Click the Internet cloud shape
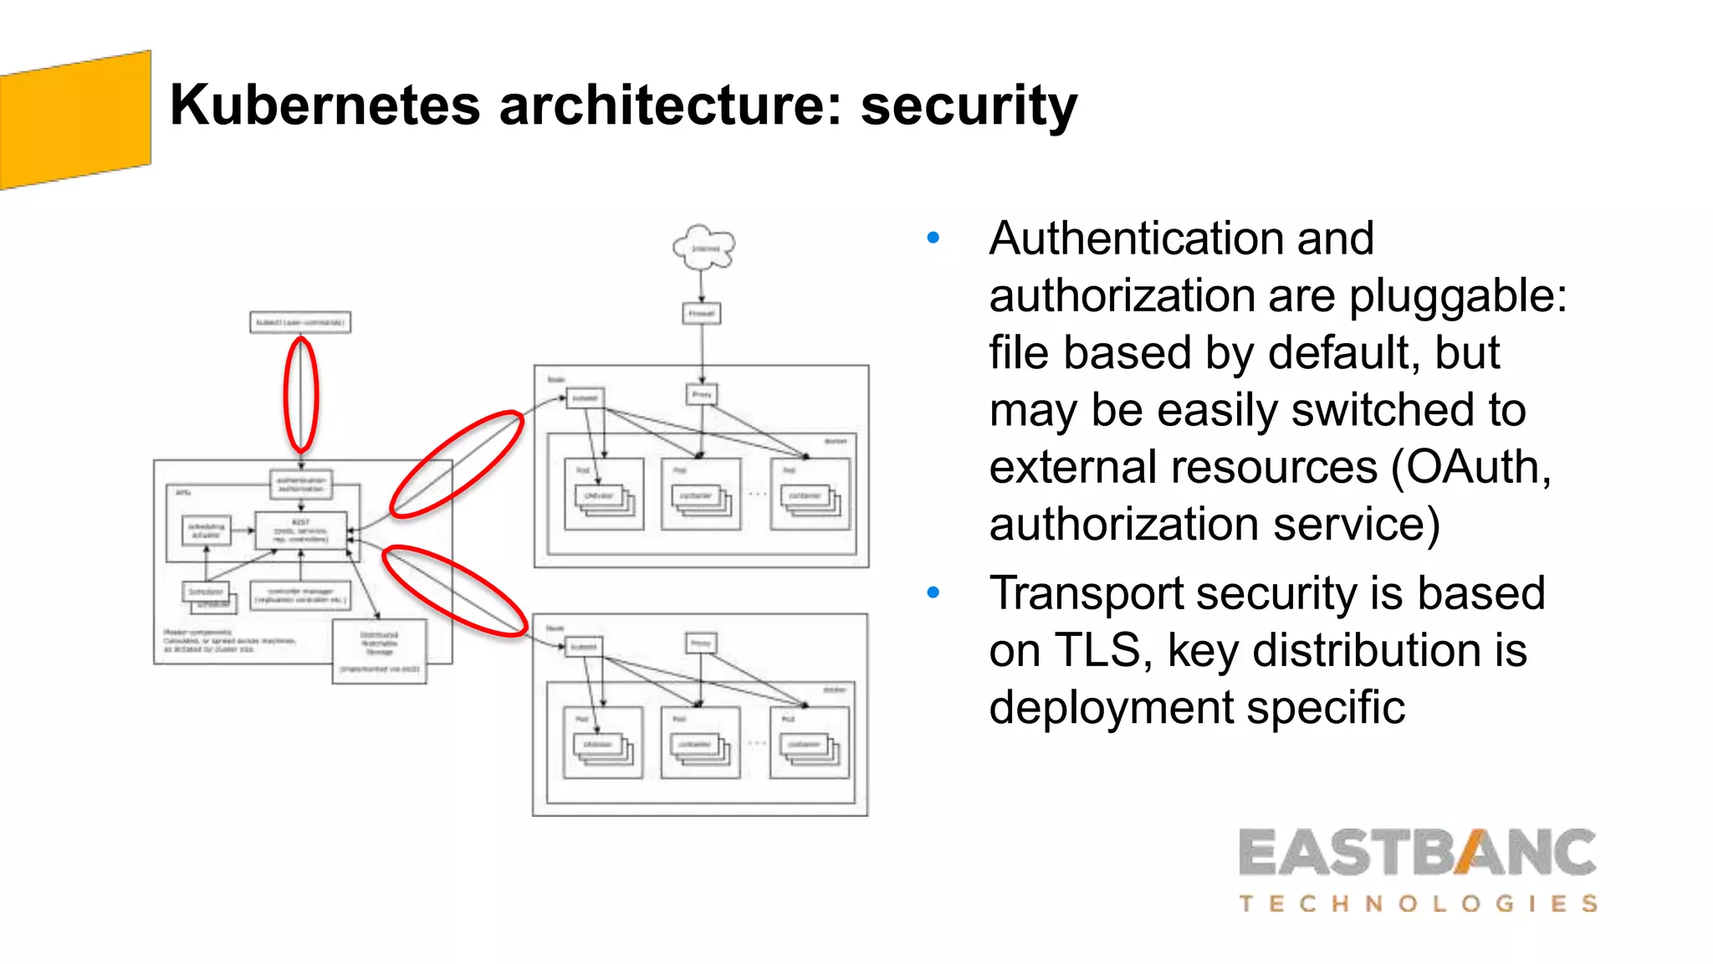click(703, 248)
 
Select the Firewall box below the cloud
click(701, 314)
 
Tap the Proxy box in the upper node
click(702, 394)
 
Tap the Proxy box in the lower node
click(701, 643)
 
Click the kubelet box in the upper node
click(585, 397)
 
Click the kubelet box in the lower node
click(584, 646)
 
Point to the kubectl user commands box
click(300, 322)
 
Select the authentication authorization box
click(301, 485)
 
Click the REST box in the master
click(300, 531)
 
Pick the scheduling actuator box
click(206, 531)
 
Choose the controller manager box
click(300, 596)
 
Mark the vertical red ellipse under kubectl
click(301, 394)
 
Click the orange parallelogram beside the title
click(75, 120)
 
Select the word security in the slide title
click(969, 107)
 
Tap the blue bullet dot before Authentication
click(933, 238)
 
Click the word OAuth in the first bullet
click(1472, 467)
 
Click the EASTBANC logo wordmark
click(1417, 854)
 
